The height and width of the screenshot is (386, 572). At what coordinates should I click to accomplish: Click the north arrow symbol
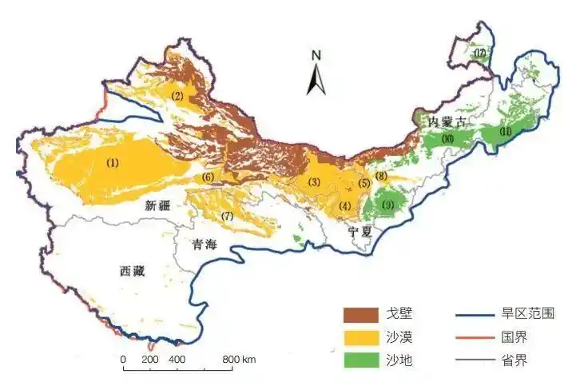tap(316, 74)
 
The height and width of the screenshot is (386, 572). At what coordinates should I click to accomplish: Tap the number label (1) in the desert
tap(112, 162)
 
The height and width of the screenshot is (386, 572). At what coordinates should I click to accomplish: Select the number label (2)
tap(178, 97)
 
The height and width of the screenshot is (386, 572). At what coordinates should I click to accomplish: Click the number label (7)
tap(227, 217)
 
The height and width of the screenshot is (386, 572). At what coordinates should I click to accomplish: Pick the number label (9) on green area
tap(388, 205)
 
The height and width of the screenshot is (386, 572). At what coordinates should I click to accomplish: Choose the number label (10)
tap(447, 139)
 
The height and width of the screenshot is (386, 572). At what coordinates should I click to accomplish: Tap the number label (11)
tap(505, 131)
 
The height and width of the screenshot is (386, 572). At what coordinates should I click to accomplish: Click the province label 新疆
tap(158, 205)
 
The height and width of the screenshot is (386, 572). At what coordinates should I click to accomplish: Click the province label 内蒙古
tap(446, 121)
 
